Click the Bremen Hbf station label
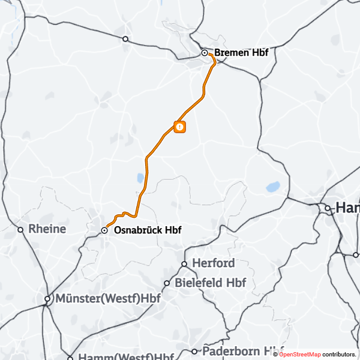coord(241,53)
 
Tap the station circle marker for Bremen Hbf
coord(205,53)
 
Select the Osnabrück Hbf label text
coord(147,230)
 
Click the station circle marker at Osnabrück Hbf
coord(104,230)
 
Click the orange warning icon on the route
coord(179,127)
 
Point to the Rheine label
coord(47,229)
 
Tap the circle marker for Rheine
coord(20,229)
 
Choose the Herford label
coord(213,263)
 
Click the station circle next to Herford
coord(185,264)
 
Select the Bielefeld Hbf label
coord(210,283)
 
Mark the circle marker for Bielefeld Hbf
coord(167,283)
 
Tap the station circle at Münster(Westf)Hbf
coord(47,298)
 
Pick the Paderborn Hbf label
coord(243,350)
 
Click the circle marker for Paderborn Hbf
coord(194,351)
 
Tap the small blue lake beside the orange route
coord(140,178)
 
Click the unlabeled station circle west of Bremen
coord(125,39)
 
